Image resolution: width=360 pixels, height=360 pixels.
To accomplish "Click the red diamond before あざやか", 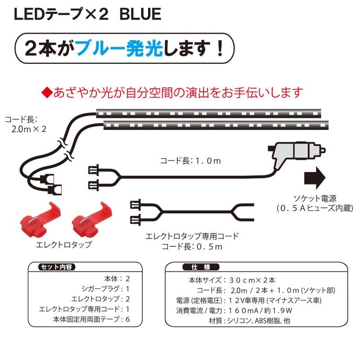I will point(46,93).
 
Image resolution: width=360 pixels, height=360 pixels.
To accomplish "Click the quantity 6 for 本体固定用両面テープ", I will point(128,320).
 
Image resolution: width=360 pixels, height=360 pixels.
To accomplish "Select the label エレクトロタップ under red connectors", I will point(63,245).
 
